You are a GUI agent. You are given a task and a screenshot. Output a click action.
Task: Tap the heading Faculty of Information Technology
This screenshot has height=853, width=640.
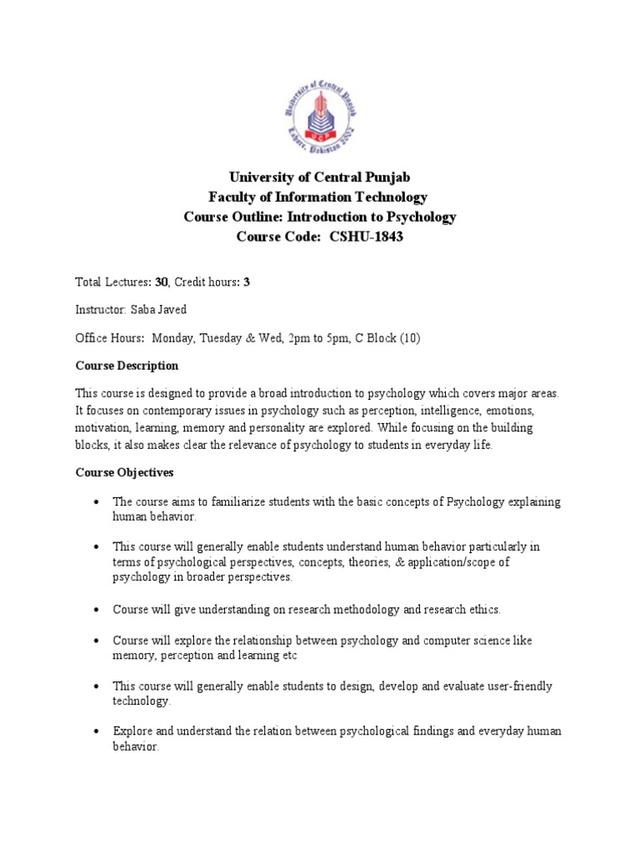[x=319, y=197]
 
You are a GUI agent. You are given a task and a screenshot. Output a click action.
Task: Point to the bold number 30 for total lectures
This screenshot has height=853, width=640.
[x=162, y=282]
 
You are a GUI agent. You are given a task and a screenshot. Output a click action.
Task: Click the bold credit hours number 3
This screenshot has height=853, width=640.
[x=247, y=282]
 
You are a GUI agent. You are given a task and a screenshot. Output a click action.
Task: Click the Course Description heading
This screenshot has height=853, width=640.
[x=127, y=365]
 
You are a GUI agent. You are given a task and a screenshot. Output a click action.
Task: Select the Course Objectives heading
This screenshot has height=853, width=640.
[x=124, y=472]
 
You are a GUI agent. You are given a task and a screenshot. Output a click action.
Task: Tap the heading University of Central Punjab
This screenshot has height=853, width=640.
[x=319, y=177]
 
